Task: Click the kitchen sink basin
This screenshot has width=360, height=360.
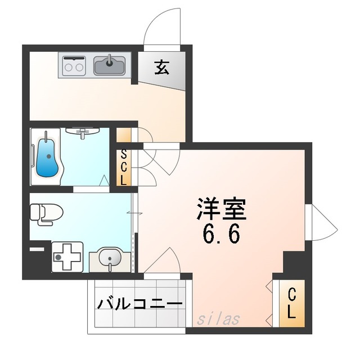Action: (111, 65)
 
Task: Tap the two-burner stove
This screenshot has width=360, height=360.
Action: (74, 66)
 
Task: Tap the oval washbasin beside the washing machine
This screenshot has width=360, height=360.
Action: (110, 259)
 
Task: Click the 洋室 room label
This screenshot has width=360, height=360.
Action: (221, 209)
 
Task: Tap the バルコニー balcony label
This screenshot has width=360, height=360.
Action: (140, 304)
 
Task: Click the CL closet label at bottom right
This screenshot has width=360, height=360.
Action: (291, 304)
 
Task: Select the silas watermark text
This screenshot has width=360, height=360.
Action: (219, 319)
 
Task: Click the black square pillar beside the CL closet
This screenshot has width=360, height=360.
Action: (294, 263)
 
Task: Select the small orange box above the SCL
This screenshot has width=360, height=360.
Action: (124, 136)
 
